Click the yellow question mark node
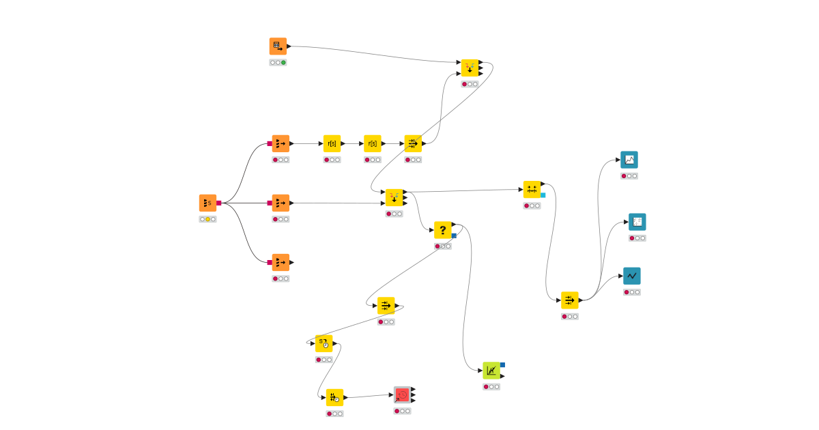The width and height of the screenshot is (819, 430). (442, 230)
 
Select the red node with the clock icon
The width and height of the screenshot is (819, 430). (403, 395)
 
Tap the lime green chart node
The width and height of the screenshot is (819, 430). (491, 371)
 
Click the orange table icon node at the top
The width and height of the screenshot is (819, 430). (278, 46)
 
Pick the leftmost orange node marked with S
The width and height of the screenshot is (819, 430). (207, 203)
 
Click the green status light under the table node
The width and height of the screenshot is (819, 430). (283, 63)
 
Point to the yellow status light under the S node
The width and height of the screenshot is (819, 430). (208, 219)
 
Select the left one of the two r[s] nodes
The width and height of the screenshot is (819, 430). (332, 143)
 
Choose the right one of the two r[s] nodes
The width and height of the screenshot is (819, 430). (373, 143)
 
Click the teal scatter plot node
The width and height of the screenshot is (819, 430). (637, 222)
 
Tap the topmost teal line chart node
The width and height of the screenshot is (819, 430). (629, 160)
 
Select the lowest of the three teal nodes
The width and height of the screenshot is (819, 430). (632, 276)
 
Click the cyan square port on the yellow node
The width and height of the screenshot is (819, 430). (543, 195)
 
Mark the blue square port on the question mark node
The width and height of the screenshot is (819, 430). (454, 235)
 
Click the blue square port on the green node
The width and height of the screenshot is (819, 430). (503, 364)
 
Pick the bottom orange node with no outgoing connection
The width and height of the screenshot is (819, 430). (281, 262)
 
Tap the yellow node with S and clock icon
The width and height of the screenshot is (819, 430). (324, 343)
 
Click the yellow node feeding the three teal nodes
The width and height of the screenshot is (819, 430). (570, 300)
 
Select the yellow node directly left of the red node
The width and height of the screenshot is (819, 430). (334, 397)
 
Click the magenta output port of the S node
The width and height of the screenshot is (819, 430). (219, 203)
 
